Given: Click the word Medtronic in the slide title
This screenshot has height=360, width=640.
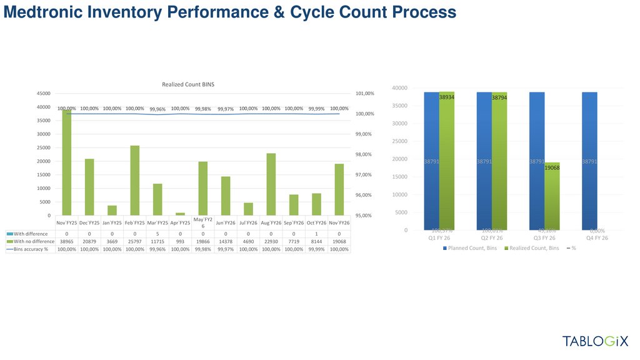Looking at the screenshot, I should coord(46,12).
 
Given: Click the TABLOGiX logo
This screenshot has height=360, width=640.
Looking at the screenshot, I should coord(596,341).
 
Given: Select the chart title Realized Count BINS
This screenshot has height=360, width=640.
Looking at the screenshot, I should coord(188,84).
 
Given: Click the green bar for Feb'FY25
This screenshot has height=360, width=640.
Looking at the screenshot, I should coord(135,181).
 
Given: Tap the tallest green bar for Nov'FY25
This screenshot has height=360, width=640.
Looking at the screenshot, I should coord(67,164).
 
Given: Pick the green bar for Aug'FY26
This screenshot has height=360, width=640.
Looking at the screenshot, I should coord(271,184).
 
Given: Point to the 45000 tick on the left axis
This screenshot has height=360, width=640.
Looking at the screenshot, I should coord(43,94).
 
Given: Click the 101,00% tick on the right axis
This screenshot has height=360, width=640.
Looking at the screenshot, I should coord(365,94).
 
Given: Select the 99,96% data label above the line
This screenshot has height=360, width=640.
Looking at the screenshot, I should coord(157,109).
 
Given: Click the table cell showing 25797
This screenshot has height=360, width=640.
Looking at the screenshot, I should coord(135,241).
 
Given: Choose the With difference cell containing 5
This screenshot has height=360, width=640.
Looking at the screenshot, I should coord(157,232).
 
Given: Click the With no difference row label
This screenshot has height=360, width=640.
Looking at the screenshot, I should coord(31,241).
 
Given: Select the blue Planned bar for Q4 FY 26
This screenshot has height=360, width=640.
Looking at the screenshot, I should coord(589,161).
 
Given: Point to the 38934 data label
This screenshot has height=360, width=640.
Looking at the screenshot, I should coord(446,97).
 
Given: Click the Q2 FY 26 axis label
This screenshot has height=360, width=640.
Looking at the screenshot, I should coord(491,238).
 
